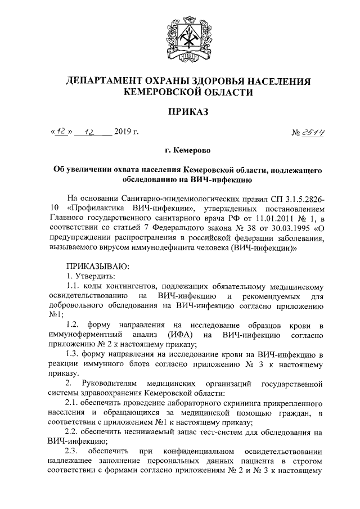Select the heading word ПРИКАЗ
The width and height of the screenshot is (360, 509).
tap(179, 112)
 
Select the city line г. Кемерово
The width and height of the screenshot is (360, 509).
tap(179, 151)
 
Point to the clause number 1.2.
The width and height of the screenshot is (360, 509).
tap(73, 325)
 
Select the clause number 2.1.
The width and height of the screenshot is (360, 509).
tap(73, 403)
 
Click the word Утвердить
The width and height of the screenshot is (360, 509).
tap(95, 276)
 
